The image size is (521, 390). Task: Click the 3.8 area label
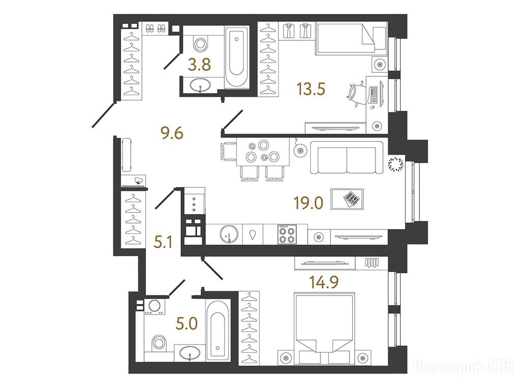click(199, 65)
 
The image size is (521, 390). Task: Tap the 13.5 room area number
click(311, 88)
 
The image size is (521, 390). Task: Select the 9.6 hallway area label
click(172, 134)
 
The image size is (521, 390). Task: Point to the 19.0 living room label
click(308, 203)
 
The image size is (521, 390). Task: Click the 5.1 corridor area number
click(163, 242)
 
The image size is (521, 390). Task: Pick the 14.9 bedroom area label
click(324, 282)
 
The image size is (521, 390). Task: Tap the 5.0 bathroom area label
click(187, 323)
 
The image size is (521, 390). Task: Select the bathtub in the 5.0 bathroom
click(218, 330)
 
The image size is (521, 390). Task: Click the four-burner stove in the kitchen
click(287, 234)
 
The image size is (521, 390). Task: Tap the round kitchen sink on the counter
click(229, 234)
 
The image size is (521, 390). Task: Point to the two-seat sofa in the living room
click(346, 158)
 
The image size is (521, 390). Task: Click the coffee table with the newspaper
click(347, 199)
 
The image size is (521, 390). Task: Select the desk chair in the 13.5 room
click(357, 95)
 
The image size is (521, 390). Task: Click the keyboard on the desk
click(374, 95)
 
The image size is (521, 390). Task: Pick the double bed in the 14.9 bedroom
click(324, 328)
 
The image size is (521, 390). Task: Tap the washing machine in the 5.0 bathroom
click(154, 307)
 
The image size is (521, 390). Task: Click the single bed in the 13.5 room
click(351, 37)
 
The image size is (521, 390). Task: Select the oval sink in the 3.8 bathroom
click(200, 85)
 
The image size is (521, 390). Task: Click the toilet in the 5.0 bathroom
click(159, 343)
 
